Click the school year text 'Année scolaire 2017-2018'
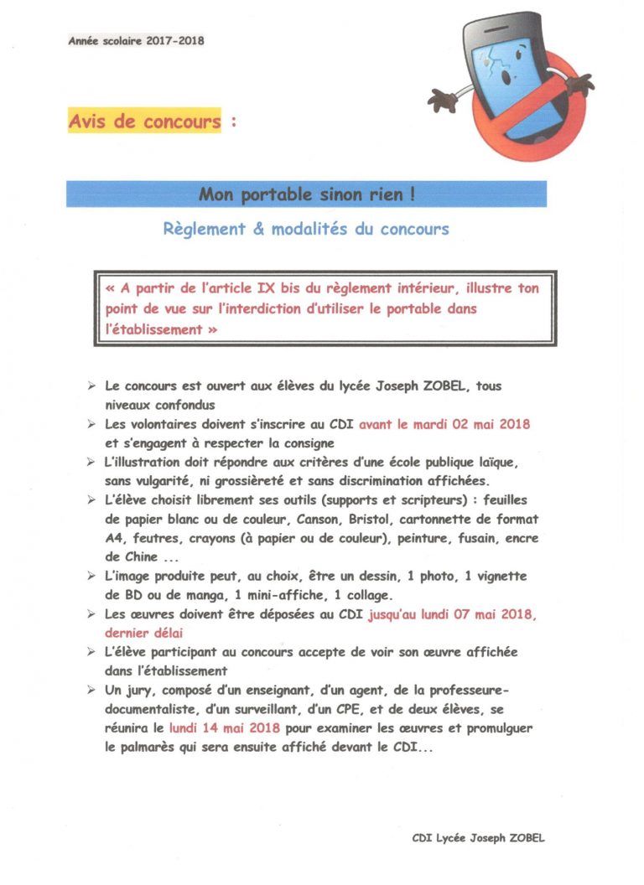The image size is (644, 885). coord(136,39)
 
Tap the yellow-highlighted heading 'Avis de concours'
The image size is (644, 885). coord(144,122)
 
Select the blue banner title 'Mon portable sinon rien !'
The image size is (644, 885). coord(306,194)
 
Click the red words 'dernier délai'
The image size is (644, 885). coord(147,634)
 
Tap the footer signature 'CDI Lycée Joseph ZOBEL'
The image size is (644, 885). coord(483,836)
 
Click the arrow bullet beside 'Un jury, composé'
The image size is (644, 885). coord(91,691)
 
